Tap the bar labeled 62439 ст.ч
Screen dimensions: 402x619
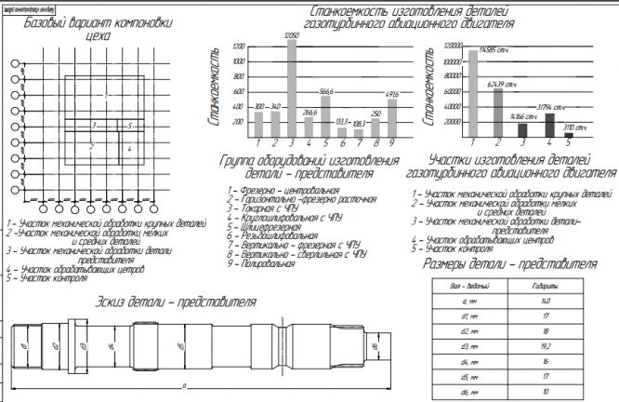[498, 115]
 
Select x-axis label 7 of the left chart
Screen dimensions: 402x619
[359, 143]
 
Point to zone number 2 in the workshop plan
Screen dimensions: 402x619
[90, 146]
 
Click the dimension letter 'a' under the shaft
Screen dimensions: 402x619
[186, 383]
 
